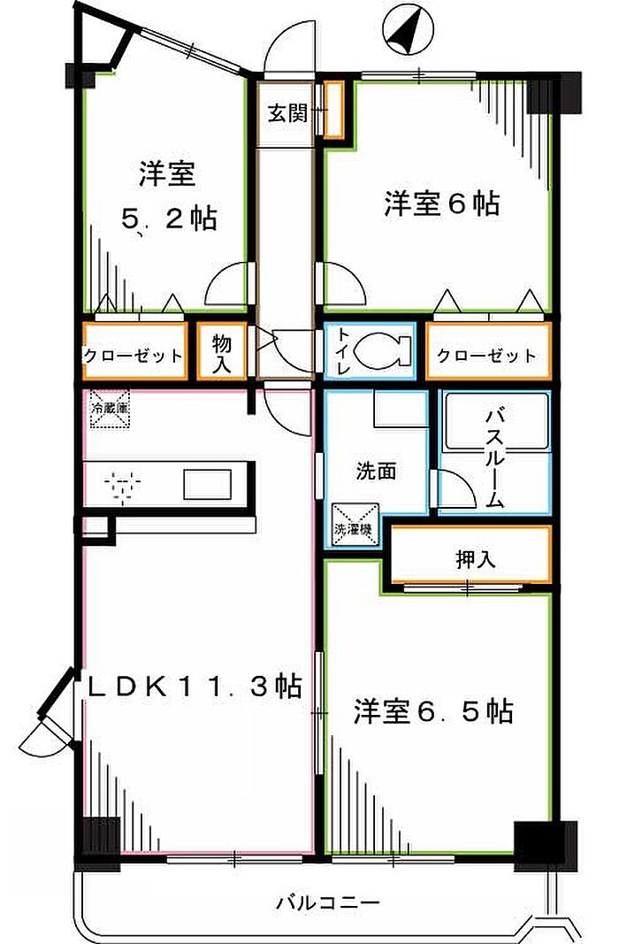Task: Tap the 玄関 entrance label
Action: pyautogui.click(x=287, y=113)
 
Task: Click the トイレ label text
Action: pyautogui.click(x=340, y=351)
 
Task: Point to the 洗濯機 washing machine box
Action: pyautogui.click(x=354, y=523)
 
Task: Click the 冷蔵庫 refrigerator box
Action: pyautogui.click(x=109, y=410)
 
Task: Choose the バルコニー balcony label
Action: pyautogui.click(x=327, y=903)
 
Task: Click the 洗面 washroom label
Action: pyautogui.click(x=375, y=472)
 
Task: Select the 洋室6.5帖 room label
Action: pyautogui.click(x=433, y=711)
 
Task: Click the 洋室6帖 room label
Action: pyautogui.click(x=441, y=204)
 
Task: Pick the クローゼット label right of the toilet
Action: pyautogui.click(x=486, y=356)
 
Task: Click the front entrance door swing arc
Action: pyautogui.click(x=288, y=44)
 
